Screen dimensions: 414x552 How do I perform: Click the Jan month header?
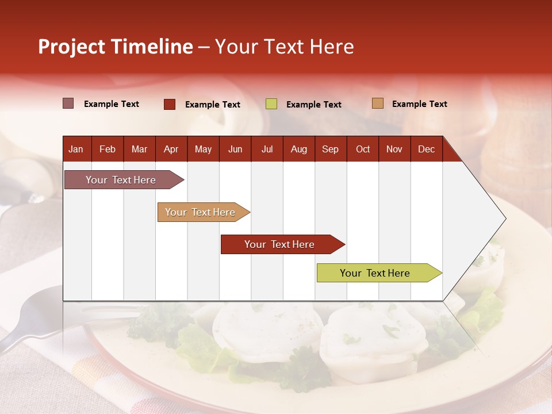[x=76, y=149]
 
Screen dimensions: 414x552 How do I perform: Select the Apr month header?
[x=171, y=149]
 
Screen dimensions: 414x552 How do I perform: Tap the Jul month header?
[x=267, y=149]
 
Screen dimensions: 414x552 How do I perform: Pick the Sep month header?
[x=330, y=149]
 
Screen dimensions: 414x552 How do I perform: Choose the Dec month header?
[x=426, y=149]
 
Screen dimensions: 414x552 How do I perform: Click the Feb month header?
[x=108, y=149]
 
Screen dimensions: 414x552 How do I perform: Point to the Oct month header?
[x=363, y=149]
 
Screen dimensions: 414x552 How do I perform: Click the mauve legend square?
[x=68, y=103]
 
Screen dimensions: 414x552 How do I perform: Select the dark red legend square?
[x=170, y=104]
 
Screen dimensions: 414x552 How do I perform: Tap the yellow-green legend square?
[x=271, y=104]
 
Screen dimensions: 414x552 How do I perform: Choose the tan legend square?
[x=377, y=103]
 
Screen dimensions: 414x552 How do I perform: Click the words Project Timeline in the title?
[x=116, y=47]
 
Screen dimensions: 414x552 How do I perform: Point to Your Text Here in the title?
[x=285, y=47]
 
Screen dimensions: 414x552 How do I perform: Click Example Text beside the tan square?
[x=419, y=104]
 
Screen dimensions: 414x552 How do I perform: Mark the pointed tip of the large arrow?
[x=505, y=218]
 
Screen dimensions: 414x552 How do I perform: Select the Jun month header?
[x=235, y=149]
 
